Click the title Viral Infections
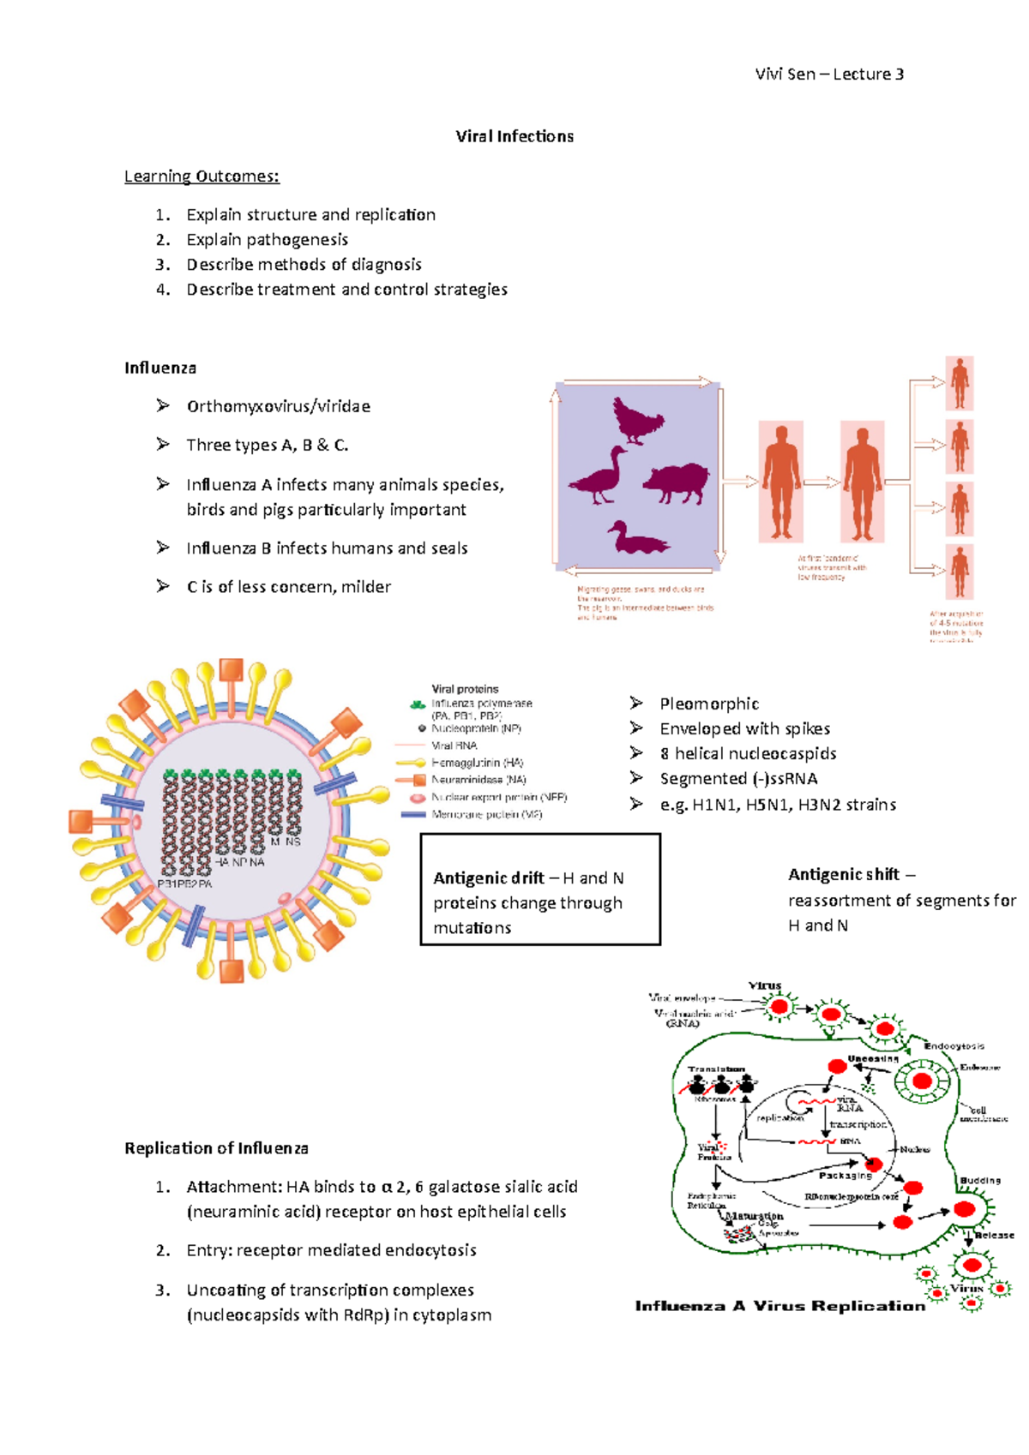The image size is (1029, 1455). pos(514,136)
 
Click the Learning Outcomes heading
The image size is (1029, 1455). pos(202,177)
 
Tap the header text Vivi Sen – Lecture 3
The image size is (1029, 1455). pos(828,75)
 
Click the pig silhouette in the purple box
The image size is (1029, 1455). pos(677,482)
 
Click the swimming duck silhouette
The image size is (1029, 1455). pos(636,539)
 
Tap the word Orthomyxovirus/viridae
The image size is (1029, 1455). pos(278,406)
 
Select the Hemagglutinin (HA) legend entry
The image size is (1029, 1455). pos(477,763)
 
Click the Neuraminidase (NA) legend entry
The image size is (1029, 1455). pos(478,780)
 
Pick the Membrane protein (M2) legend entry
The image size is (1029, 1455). pos(486,815)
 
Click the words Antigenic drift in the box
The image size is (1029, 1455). pos(489,878)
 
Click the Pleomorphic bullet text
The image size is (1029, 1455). pos(709,704)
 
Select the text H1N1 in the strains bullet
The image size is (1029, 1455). pos(715,805)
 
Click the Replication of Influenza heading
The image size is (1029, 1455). pos(216,1148)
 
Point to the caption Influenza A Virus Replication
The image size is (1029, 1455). pos(779,1306)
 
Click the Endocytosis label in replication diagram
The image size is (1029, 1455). pos(954,1046)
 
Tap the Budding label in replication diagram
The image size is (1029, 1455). pos(980,1181)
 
